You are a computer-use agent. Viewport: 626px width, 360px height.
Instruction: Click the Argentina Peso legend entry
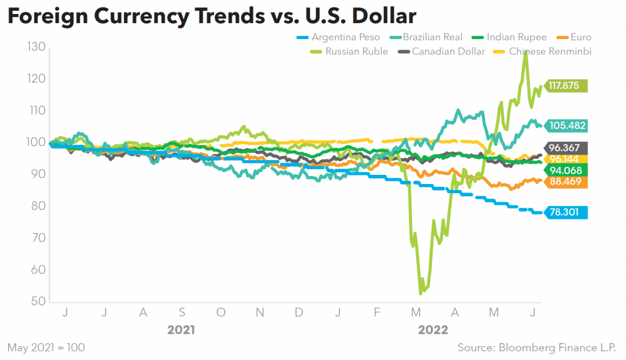tap(338, 37)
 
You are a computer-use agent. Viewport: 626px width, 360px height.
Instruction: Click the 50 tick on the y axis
tap(39, 301)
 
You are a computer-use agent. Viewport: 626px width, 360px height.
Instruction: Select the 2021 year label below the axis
tap(181, 330)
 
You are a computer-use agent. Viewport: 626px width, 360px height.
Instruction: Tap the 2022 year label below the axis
tap(433, 330)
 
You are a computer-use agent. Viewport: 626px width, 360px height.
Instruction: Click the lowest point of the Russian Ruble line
tap(421, 293)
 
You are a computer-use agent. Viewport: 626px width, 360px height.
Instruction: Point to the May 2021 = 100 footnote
tap(46, 347)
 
